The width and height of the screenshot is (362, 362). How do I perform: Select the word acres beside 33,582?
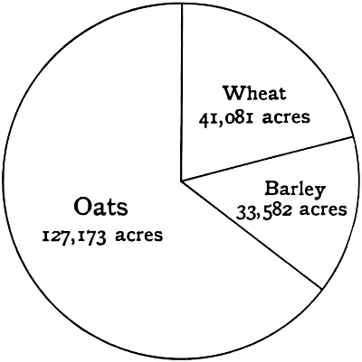click(323, 211)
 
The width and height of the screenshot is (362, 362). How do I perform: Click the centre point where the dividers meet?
click(181, 181)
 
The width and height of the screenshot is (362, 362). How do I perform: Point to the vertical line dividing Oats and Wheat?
click(181, 90)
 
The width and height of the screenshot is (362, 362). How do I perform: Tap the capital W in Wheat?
click(233, 93)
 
